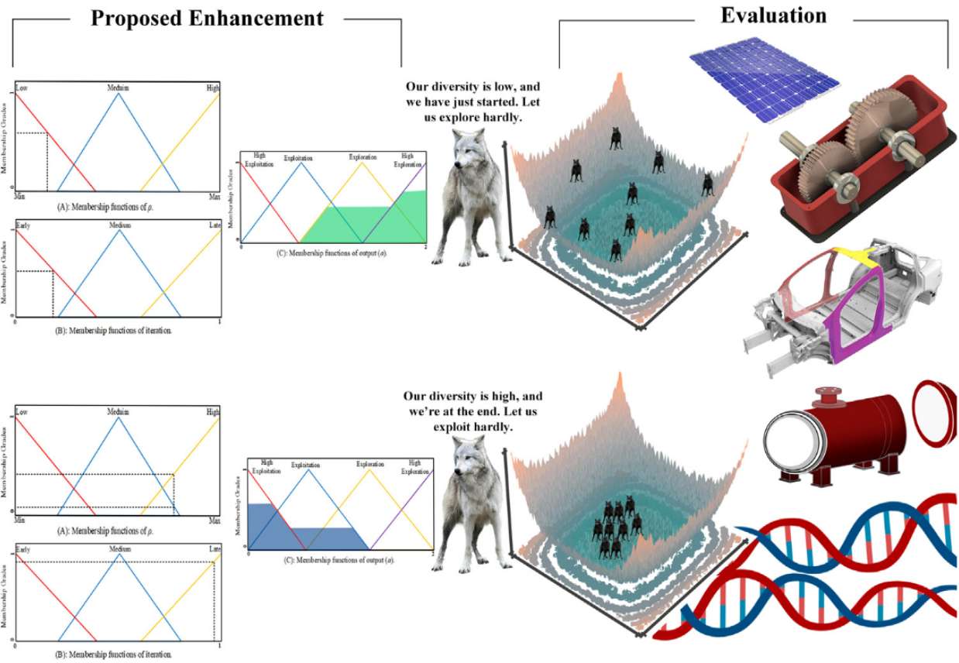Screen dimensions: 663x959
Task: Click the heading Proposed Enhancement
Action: pyautogui.click(x=207, y=18)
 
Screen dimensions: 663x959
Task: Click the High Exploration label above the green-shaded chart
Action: pyautogui.click(x=408, y=160)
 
